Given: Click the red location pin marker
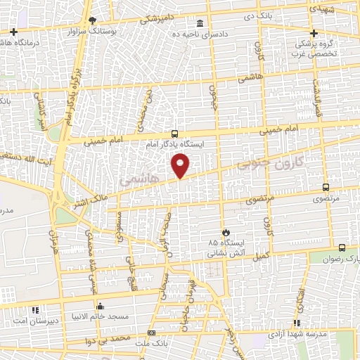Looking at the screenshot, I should click(x=181, y=167).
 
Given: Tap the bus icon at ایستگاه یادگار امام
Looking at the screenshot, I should click(x=174, y=134).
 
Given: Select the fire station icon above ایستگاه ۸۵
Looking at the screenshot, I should click(x=226, y=232).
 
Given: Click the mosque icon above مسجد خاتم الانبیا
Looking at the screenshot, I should click(x=100, y=307).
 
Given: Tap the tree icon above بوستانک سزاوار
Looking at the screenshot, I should click(x=91, y=21).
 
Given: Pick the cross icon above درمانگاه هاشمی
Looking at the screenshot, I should click(x=13, y=32).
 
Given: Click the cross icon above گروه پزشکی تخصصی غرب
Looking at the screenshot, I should click(x=314, y=33).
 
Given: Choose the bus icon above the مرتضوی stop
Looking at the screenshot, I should click(x=325, y=187).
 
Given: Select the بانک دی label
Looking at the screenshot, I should click(x=258, y=15).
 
